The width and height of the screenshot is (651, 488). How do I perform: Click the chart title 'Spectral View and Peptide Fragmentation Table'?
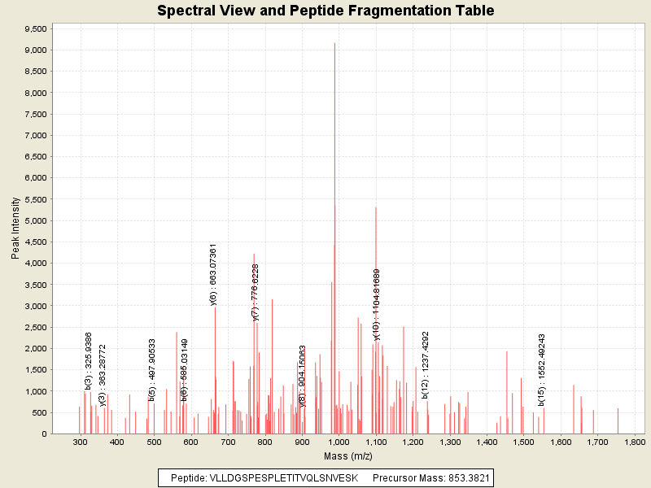(325, 11)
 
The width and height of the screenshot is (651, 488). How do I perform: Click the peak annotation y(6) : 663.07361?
(213, 274)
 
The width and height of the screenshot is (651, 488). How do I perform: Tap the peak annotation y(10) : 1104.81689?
(377, 304)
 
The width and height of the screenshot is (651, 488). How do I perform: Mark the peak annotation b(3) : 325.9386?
(89, 360)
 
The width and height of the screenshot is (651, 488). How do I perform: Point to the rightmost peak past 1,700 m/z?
(618, 420)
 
